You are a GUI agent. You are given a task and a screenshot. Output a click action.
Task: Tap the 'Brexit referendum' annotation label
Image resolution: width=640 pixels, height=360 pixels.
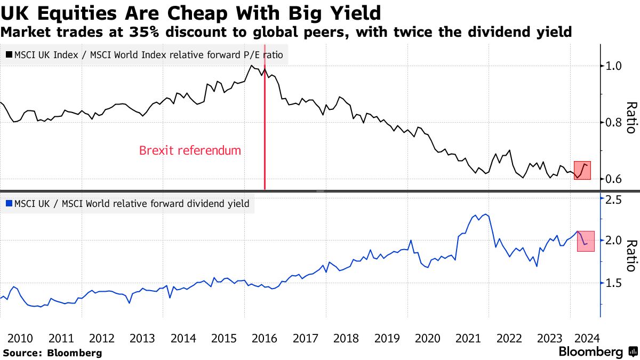(x=190, y=150)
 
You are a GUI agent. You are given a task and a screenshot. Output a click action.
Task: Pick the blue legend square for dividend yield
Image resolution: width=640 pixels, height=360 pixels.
(x=9, y=203)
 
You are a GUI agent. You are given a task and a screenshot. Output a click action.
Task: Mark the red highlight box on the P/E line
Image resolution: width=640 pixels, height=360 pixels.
(x=582, y=170)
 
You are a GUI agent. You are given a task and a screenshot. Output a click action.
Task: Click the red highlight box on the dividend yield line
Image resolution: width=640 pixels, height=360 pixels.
(x=585, y=242)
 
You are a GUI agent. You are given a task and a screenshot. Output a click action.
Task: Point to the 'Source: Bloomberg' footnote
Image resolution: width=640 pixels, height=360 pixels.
(x=52, y=353)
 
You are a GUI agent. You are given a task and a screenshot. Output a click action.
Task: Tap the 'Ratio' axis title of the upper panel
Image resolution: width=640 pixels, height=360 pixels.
(x=631, y=117)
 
